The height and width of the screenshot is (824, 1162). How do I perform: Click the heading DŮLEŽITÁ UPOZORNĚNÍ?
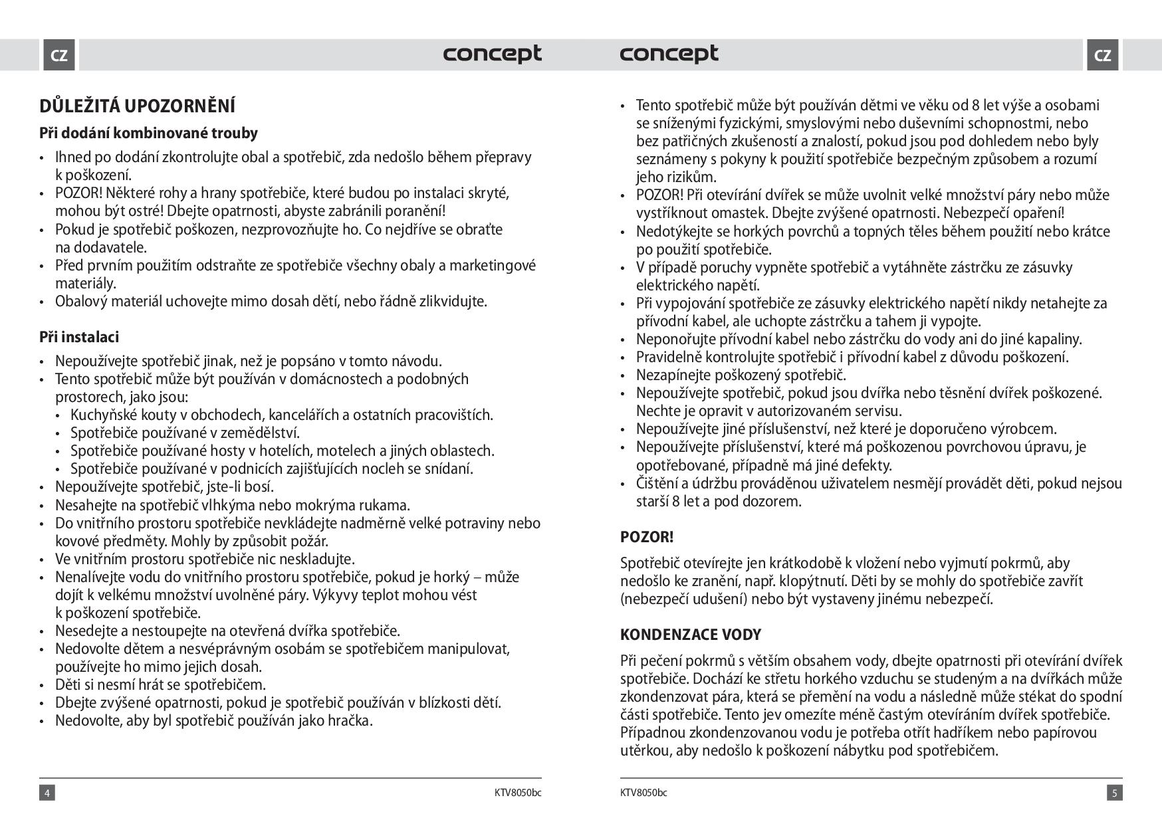pyautogui.click(x=138, y=106)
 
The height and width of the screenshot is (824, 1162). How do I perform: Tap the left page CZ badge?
pyautogui.click(x=59, y=55)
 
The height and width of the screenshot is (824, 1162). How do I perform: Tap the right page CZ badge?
pyautogui.click(x=1103, y=55)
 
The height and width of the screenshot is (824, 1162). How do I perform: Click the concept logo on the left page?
pyautogui.click(x=493, y=54)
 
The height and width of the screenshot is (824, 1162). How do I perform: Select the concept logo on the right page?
pyautogui.click(x=669, y=54)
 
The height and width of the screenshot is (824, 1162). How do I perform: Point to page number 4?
pyautogui.click(x=47, y=793)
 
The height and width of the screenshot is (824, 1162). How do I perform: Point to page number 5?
pyautogui.click(x=1115, y=793)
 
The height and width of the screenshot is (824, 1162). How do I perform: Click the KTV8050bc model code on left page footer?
pyautogui.click(x=518, y=793)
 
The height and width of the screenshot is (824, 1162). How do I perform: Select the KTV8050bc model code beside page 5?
pyautogui.click(x=643, y=793)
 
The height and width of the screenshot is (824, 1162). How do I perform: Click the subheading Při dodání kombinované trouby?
pyautogui.click(x=148, y=133)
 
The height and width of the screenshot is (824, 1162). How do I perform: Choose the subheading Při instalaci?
pyautogui.click(x=79, y=337)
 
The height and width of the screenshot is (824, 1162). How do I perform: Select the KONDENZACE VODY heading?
pyautogui.click(x=690, y=635)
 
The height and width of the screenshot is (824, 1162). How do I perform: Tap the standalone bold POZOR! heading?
pyautogui.click(x=647, y=537)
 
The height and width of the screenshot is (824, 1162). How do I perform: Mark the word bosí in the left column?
pyautogui.click(x=259, y=487)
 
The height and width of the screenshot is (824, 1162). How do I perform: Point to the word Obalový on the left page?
pyautogui.click(x=81, y=302)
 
